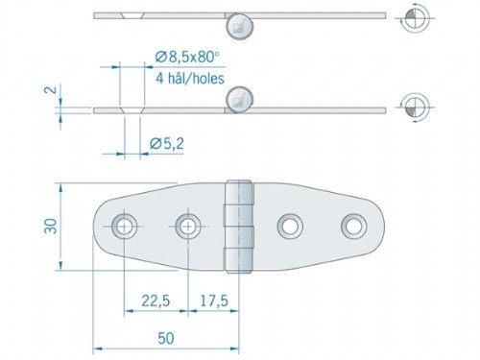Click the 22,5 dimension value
pos(156,300)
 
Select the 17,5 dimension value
pos(213,300)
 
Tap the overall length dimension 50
pos(165,338)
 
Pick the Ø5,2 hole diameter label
pos(167,144)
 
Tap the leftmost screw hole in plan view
pos(124,227)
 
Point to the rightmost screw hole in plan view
pos(351,227)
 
